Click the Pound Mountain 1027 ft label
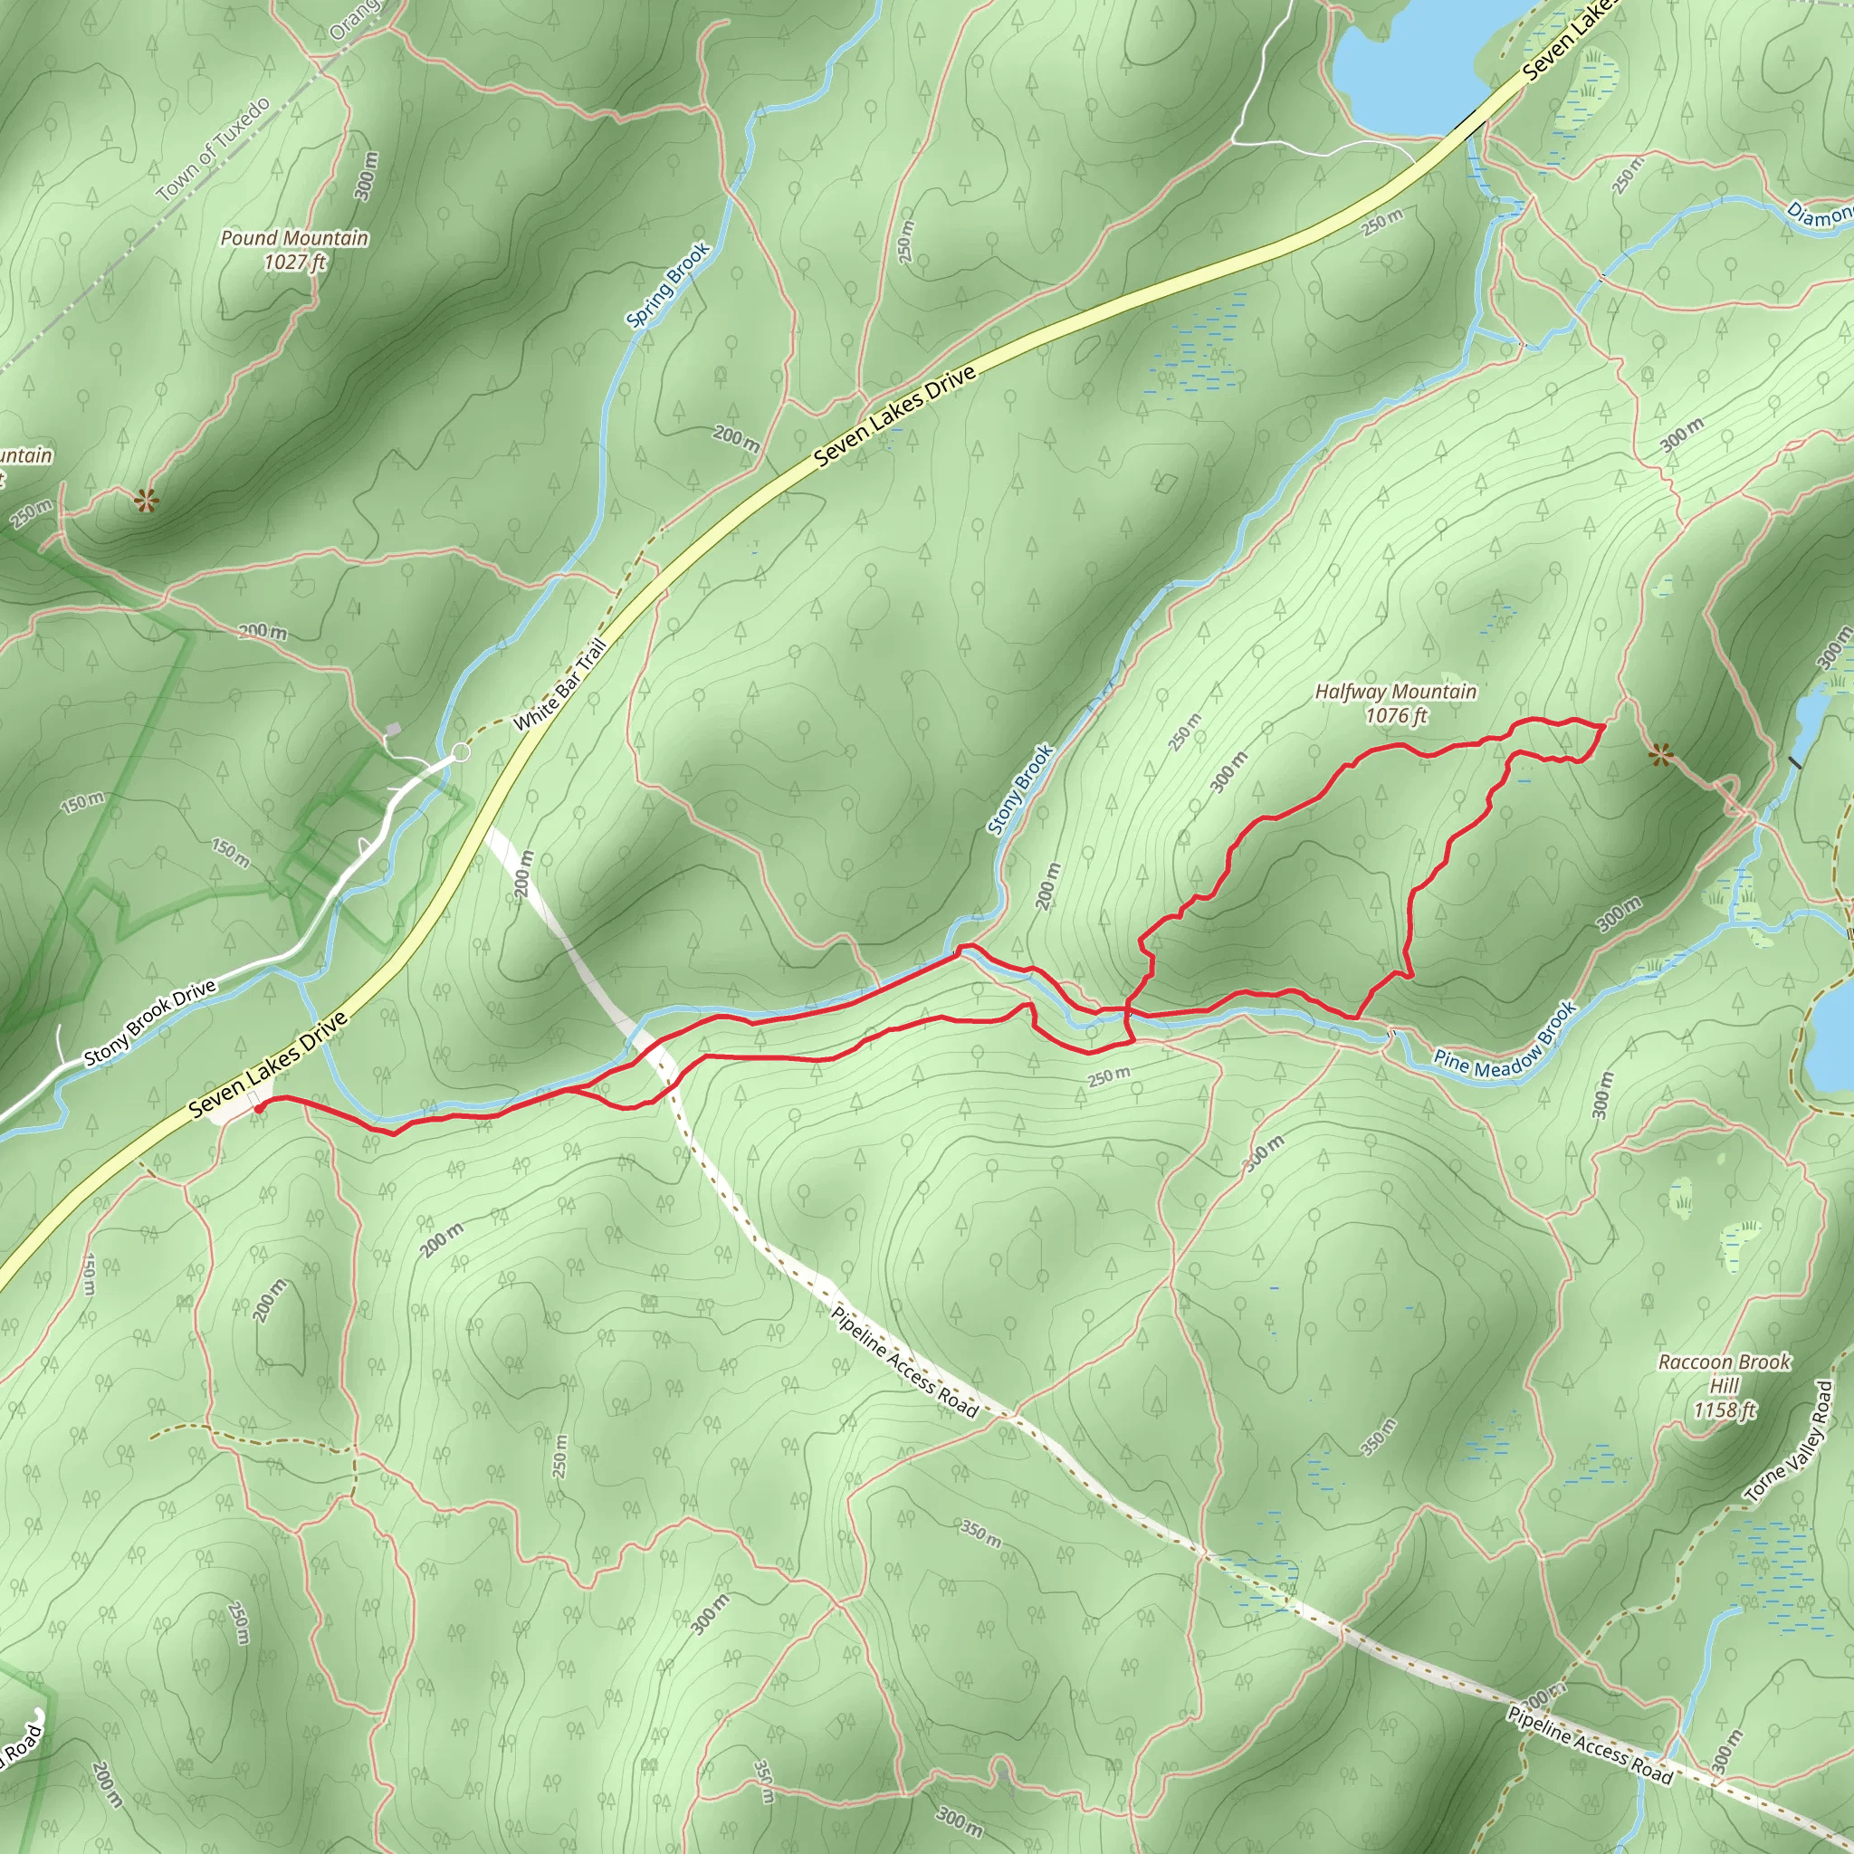pos(294,250)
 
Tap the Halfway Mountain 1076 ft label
pos(1395,703)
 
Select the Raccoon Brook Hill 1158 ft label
pos(1724,1386)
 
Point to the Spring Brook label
pos(668,284)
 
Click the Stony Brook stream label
pos(1021,788)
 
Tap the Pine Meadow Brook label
pos(1505,1040)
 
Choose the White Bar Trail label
pos(560,684)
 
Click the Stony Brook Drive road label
pos(149,1024)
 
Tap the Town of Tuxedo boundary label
pos(214,149)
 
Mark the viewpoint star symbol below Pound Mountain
pos(145,499)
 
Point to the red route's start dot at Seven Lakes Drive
pos(259,1107)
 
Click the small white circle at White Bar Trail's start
pos(461,751)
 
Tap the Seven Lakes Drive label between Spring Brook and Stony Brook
pos(894,416)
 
